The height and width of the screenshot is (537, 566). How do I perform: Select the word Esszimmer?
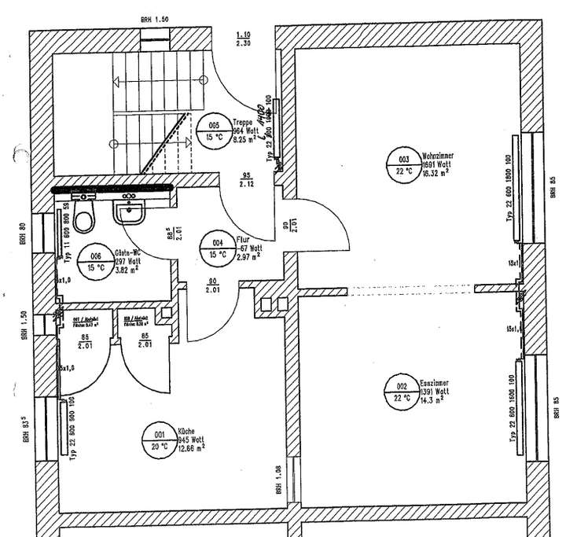click(x=434, y=384)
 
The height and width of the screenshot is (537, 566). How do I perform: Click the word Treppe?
click(x=244, y=121)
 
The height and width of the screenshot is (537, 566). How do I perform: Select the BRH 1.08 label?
click(x=279, y=478)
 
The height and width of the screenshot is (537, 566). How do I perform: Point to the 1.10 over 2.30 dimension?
click(x=244, y=39)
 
